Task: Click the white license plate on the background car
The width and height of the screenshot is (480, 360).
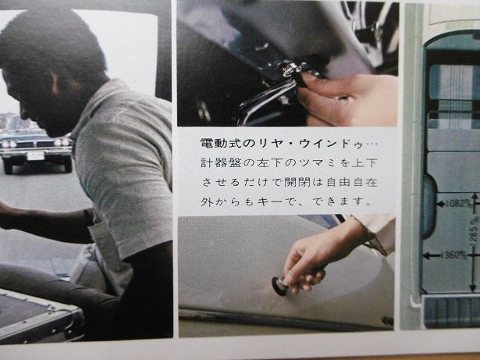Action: [36, 156]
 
